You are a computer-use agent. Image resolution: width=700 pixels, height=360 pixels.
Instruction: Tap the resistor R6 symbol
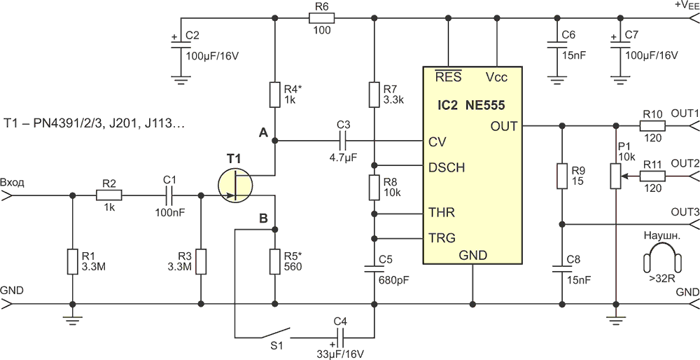pos(321,18)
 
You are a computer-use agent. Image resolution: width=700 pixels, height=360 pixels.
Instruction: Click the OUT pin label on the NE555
pos(504,126)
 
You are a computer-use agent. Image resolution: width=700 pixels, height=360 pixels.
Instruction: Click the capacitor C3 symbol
pos(343,141)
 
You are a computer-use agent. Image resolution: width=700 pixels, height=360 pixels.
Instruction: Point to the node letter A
pos(262,132)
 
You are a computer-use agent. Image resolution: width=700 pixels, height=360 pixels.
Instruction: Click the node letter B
pos(263,219)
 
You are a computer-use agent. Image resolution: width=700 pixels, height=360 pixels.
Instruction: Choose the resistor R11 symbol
pos(652,177)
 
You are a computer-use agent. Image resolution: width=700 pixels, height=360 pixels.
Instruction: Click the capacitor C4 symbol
pos(339,336)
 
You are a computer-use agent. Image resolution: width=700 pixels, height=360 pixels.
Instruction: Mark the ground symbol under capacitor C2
pos(181,80)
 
